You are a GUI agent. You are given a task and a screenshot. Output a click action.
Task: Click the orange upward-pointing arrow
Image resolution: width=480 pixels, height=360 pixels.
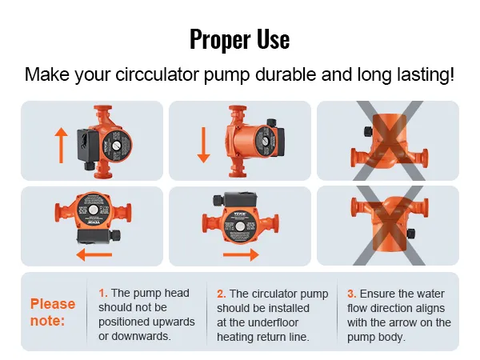point(61,145)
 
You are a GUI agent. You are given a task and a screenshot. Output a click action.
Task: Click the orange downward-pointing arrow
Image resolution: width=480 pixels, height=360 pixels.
point(203,145)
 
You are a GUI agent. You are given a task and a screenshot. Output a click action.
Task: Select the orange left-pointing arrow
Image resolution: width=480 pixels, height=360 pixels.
point(94,254)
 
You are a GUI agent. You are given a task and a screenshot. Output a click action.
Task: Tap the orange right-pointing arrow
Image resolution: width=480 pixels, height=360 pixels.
point(242,254)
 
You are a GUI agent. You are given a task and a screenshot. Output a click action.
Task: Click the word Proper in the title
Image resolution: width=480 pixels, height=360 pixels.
point(221,39)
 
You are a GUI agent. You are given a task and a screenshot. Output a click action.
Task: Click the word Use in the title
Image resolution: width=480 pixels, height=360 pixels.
point(273,39)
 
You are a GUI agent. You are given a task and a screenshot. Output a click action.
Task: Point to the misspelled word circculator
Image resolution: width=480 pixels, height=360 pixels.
point(158,74)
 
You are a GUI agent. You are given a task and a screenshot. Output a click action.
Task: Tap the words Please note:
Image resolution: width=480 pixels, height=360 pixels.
point(53,312)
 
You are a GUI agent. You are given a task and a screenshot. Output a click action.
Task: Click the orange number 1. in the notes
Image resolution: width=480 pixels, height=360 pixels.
point(103,293)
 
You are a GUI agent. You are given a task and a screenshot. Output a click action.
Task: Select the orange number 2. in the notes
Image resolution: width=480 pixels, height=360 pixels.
point(222,294)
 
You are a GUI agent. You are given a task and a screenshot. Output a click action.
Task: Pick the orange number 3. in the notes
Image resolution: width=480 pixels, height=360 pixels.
point(352,294)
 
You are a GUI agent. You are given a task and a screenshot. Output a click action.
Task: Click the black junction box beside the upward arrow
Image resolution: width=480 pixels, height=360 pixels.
point(88,145)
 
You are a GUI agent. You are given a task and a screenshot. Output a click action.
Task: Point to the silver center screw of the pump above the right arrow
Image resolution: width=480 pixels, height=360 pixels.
point(239,227)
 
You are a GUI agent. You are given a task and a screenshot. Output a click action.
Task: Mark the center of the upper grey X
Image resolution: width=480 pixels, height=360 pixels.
point(389,141)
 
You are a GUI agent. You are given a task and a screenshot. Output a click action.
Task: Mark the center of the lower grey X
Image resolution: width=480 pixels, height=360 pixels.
point(389,226)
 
